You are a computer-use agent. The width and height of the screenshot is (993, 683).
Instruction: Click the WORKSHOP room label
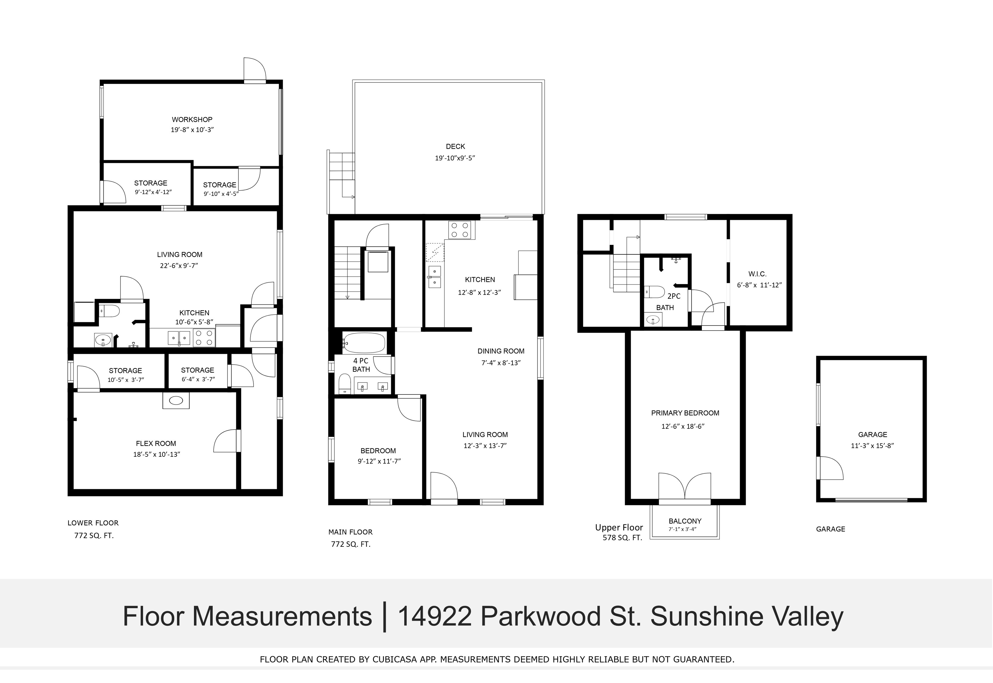[x=192, y=119]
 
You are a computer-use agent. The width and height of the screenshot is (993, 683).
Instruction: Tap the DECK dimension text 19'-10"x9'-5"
[x=455, y=158]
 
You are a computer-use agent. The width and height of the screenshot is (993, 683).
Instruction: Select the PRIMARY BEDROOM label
[x=685, y=413]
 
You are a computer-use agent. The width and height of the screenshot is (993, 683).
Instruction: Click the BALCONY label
[x=685, y=521]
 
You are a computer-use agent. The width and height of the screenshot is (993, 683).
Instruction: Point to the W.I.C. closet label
[x=757, y=274]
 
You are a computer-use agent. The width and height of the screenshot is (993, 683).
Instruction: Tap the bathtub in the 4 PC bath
[x=364, y=343]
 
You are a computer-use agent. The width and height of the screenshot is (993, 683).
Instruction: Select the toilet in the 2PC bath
[x=654, y=292]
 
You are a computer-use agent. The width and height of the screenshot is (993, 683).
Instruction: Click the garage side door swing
[x=831, y=468]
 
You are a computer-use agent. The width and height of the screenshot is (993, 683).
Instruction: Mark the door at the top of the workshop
[x=255, y=69]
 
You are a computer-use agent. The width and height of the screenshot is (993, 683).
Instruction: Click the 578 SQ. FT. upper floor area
[x=622, y=538]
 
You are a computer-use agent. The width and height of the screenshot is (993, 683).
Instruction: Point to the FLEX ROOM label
[x=156, y=443]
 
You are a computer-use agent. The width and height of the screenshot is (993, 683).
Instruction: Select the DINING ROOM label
[x=501, y=351]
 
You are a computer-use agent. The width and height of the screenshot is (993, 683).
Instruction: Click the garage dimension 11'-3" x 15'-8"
[x=872, y=445]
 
